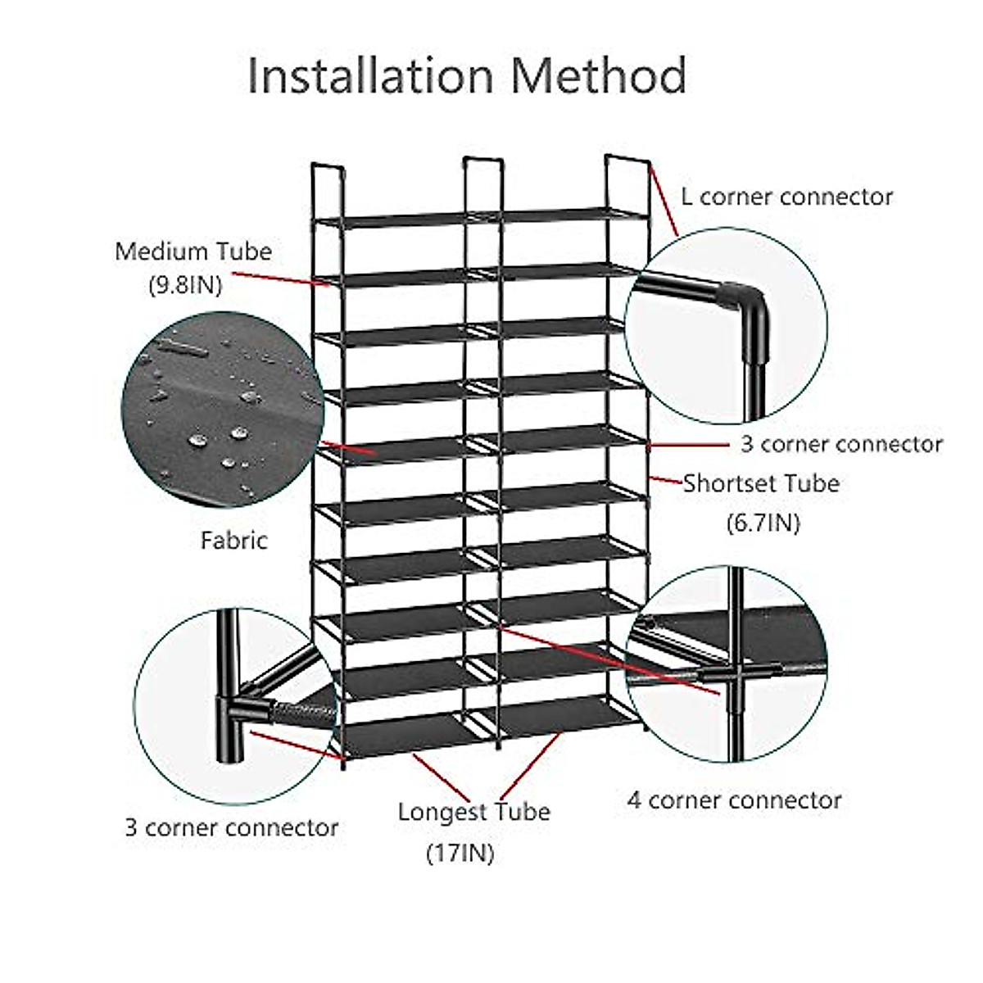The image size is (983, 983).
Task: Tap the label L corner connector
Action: point(786,197)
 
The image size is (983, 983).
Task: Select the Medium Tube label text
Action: point(193,251)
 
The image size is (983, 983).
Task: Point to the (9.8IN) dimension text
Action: point(185,286)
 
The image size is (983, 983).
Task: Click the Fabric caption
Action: point(234,540)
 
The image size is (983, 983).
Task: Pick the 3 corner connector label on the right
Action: point(841,444)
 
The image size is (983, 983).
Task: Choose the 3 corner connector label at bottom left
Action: point(232,827)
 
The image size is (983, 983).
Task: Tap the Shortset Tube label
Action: point(762,483)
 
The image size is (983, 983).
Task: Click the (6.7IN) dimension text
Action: point(763,522)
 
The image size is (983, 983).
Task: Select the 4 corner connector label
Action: point(734,800)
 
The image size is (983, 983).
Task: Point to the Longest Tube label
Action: point(473,813)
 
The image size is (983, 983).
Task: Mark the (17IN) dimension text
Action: point(460,854)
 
